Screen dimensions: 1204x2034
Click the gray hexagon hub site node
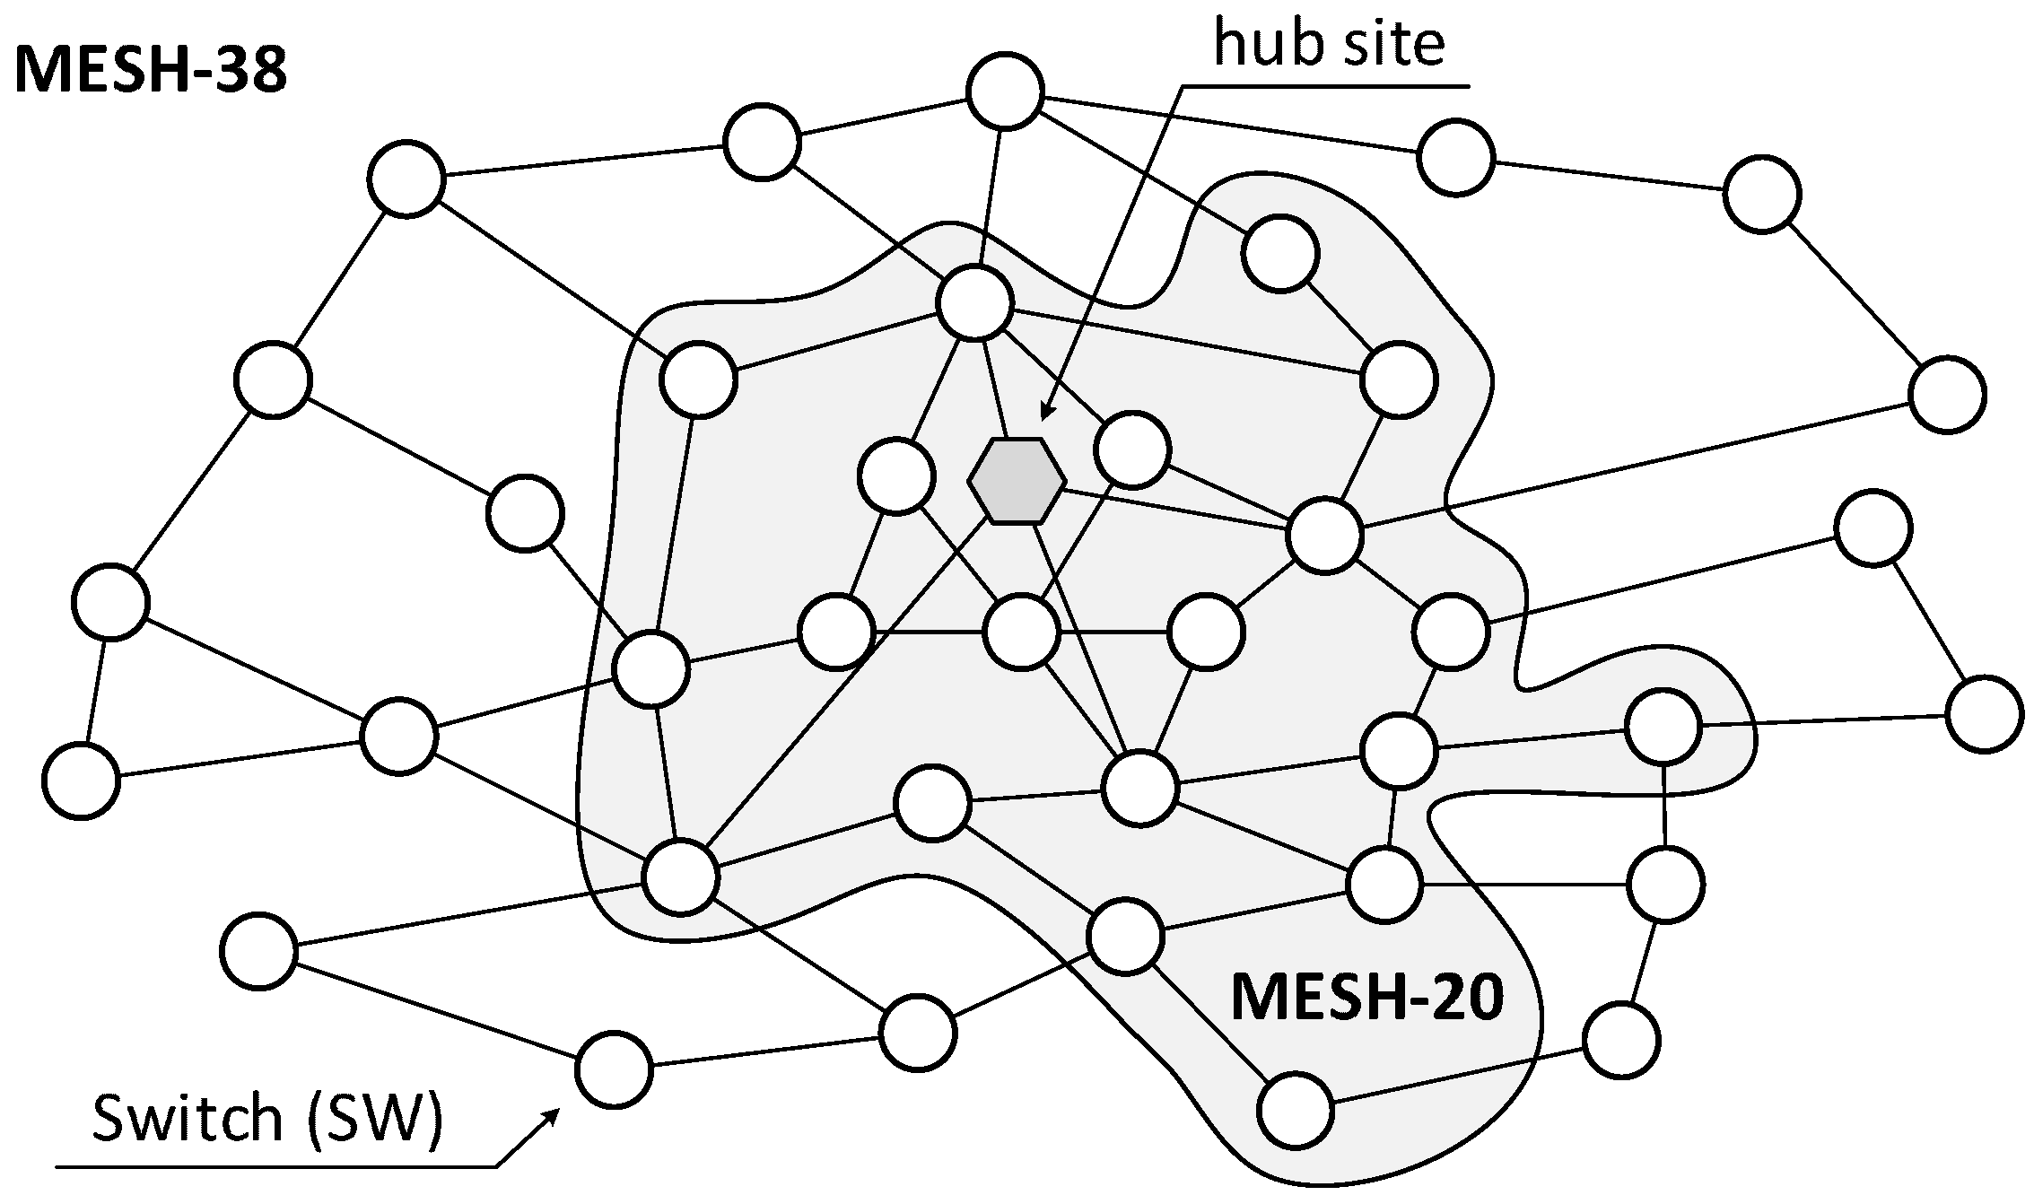tap(1017, 481)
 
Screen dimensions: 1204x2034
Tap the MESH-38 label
tap(151, 70)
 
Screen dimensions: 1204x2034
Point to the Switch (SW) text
tap(267, 1121)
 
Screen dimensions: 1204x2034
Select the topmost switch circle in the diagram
tap(1006, 92)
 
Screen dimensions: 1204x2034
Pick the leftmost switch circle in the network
tap(81, 781)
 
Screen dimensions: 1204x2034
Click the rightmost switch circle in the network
tap(1985, 714)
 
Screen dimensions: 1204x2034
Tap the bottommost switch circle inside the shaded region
tap(1295, 1110)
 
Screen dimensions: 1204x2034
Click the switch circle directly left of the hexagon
tap(895, 475)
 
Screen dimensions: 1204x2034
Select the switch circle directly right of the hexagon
tap(1132, 449)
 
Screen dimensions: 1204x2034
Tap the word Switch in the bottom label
tap(187, 1121)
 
